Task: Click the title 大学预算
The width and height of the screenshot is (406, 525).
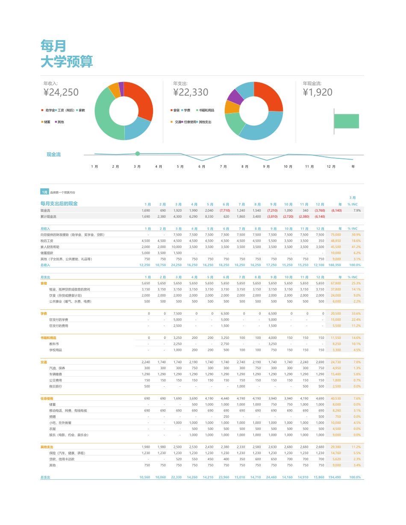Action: coord(67,62)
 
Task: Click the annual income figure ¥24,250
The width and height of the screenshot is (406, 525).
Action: coord(61,92)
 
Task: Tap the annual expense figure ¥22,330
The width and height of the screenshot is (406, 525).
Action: coord(191,92)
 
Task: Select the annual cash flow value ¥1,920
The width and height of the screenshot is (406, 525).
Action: coord(318,92)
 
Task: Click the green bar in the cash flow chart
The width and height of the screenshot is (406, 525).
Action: coord(346,121)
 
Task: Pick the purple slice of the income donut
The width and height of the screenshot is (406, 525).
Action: coord(121,86)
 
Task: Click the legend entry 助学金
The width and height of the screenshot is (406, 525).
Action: coord(50,110)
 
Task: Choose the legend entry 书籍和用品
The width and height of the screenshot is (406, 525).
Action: coord(206,110)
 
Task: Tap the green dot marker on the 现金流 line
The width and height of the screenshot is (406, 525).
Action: coord(137,154)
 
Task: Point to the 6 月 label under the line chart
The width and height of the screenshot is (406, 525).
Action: coord(202,166)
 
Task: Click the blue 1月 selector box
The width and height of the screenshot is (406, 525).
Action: coord(44,192)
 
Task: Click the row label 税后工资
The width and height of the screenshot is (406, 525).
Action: coord(47,241)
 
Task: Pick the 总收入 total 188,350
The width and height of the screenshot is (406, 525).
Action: coord(335,265)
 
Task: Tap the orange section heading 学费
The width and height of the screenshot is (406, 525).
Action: coord(44,313)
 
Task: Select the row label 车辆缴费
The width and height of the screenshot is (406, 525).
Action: coord(56,374)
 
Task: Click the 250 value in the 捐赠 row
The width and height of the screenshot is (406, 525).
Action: coord(226,417)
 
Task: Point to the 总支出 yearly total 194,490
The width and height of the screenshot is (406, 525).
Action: coord(335,477)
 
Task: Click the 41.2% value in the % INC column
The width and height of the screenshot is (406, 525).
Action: coord(356,247)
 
